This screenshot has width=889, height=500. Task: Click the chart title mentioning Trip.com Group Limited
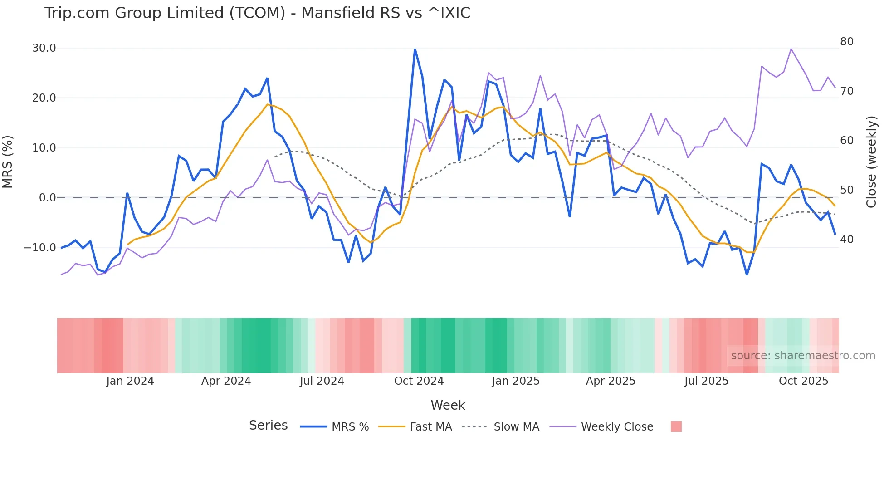[257, 13]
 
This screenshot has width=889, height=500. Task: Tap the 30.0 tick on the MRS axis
[44, 48]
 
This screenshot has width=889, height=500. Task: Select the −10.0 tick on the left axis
[40, 248]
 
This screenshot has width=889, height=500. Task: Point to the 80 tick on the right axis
[846, 42]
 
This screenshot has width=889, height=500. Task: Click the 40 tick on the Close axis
[846, 240]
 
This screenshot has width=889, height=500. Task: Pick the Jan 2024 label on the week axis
[130, 381]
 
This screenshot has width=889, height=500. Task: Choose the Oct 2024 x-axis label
[419, 381]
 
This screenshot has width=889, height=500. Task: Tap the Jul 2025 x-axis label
[706, 381]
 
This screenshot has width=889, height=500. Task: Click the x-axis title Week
[448, 405]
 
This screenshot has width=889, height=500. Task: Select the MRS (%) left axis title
[8, 162]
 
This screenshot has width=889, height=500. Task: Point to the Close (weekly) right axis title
[871, 162]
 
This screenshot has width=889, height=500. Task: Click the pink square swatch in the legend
[676, 426]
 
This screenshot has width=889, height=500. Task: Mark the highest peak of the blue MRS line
[415, 49]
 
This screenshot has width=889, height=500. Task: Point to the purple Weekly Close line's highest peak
[791, 49]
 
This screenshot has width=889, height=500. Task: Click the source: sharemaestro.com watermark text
[803, 356]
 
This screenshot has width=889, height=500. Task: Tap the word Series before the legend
[268, 426]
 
